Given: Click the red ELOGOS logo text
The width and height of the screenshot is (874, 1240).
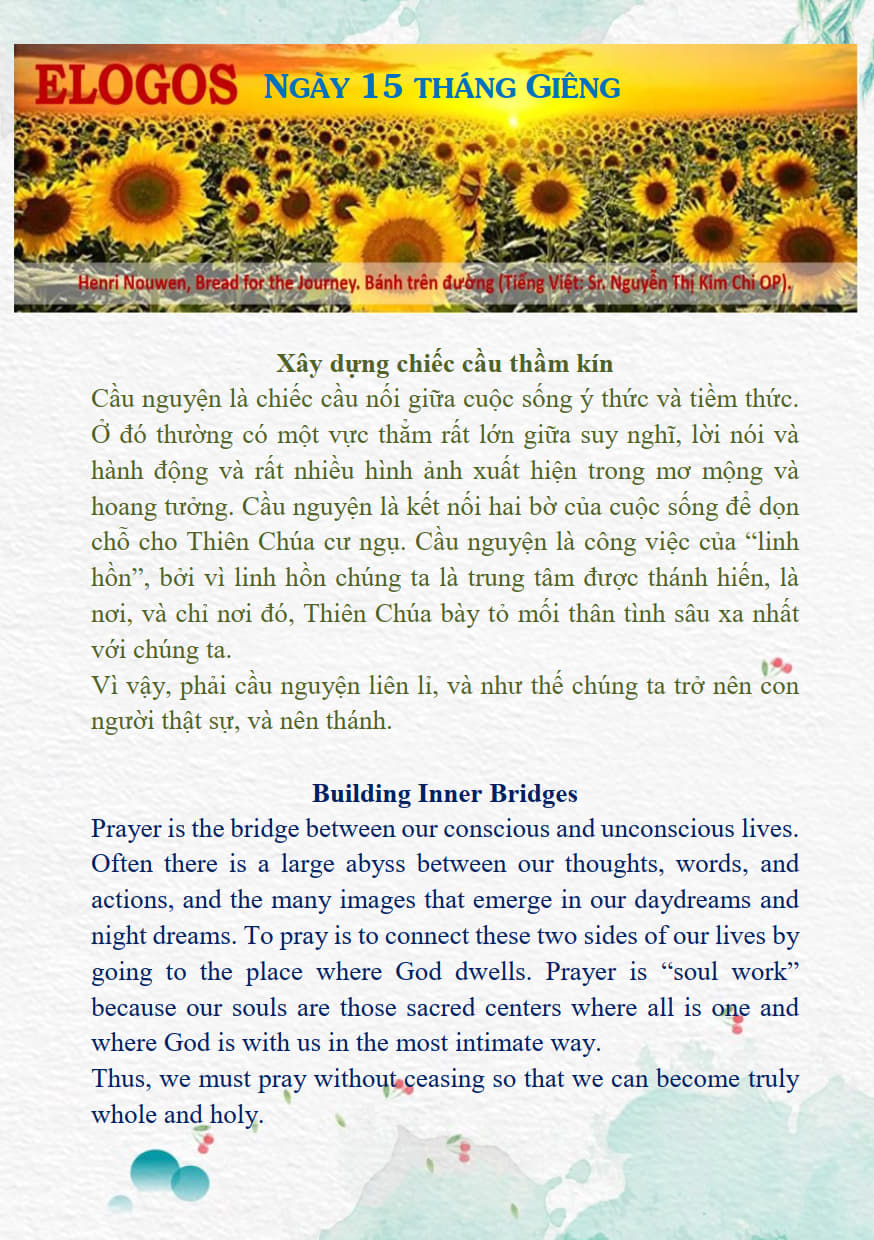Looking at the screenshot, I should (x=136, y=85).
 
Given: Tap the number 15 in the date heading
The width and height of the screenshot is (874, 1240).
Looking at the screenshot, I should (x=381, y=87).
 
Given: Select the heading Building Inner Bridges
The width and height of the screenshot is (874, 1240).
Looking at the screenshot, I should (x=444, y=794).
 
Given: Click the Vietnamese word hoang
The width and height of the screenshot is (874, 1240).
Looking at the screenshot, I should (x=123, y=507).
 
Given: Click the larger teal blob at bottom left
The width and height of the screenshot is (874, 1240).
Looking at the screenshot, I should (x=155, y=1170).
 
